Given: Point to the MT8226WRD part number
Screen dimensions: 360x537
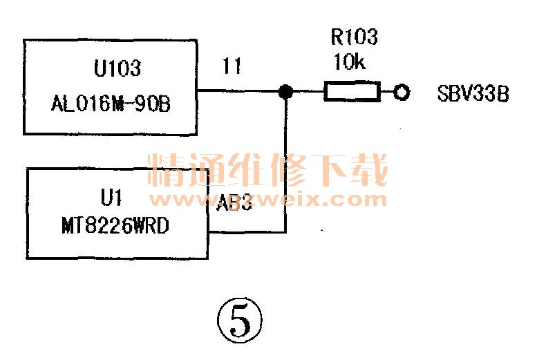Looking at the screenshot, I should tap(115, 225).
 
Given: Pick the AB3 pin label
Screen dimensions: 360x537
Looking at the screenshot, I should tap(234, 205).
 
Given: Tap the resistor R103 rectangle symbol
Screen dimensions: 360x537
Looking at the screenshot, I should tap(352, 92).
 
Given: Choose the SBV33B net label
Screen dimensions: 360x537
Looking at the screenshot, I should tap(473, 93).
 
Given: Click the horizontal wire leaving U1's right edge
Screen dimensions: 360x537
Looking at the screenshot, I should tap(245, 232).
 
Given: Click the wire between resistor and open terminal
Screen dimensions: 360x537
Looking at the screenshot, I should tap(386, 92).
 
